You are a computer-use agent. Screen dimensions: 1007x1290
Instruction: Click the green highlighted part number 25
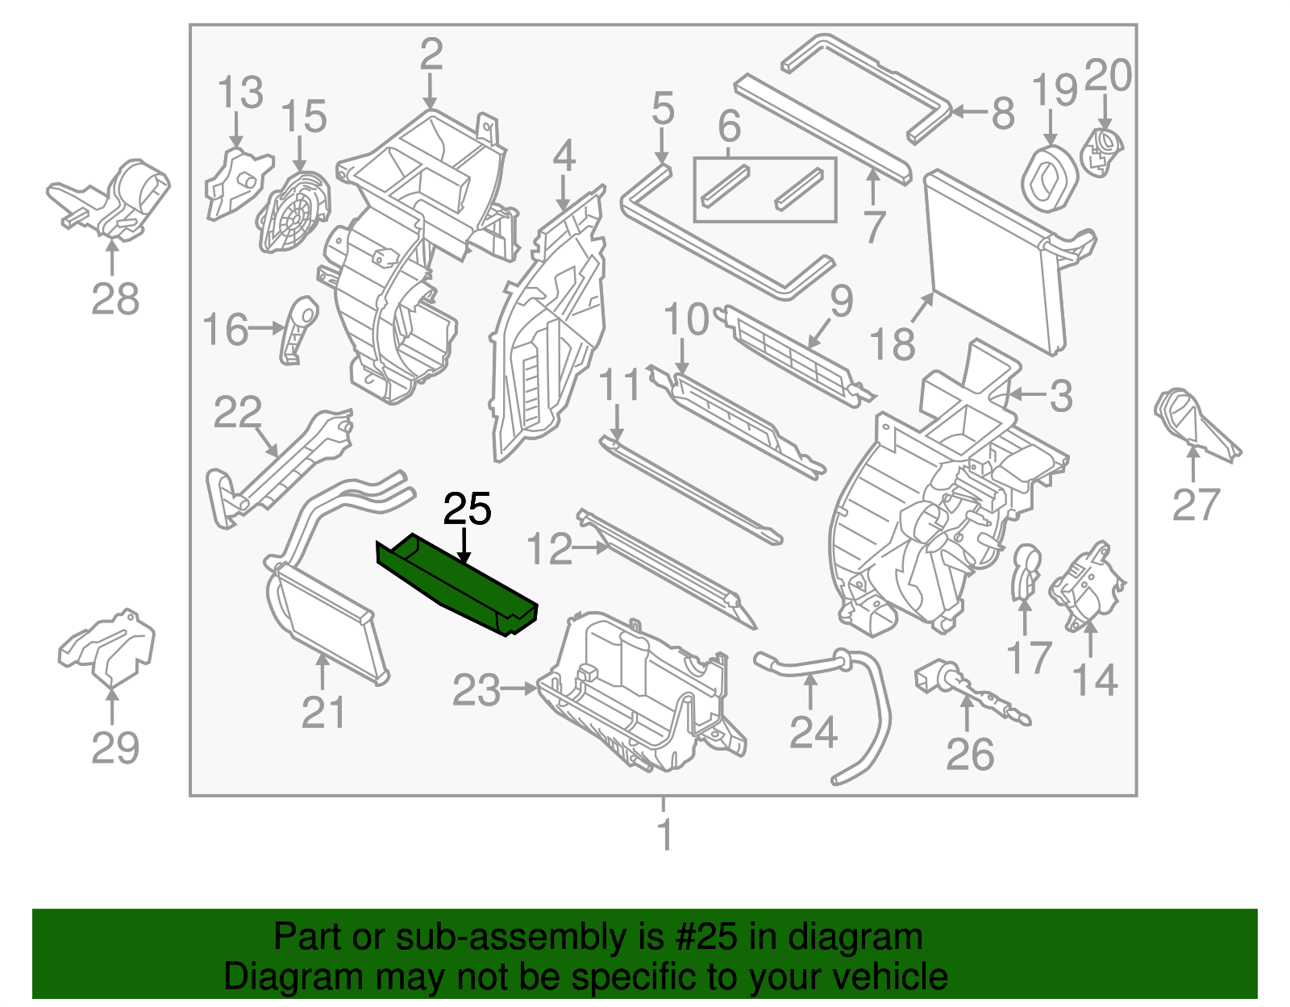(456, 585)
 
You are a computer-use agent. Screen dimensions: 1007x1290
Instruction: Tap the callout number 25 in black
(467, 510)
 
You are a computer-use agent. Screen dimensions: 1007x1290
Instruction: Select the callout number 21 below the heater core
(323, 713)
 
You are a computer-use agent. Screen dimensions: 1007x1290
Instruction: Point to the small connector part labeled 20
(1102, 150)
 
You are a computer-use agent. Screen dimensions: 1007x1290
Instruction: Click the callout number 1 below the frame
(664, 834)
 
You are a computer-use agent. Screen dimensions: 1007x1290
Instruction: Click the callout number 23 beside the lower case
(476, 690)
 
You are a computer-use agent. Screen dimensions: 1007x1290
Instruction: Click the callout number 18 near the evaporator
(892, 345)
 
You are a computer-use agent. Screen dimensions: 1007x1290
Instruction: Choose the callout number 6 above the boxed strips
(729, 127)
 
